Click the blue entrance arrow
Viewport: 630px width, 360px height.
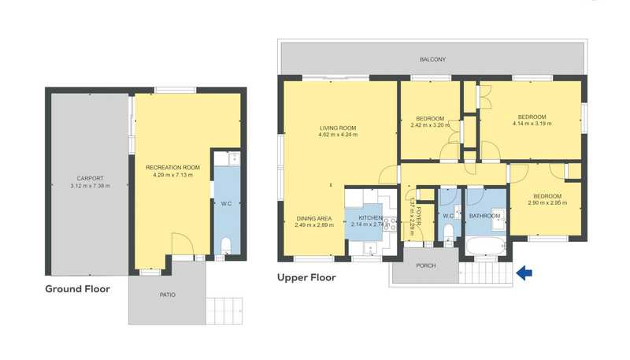(524, 273)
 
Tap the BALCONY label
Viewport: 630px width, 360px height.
(432, 59)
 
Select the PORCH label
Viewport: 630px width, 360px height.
(426, 265)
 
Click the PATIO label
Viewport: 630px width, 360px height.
(168, 295)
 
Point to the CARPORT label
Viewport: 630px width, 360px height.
(90, 178)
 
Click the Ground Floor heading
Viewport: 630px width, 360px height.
(77, 289)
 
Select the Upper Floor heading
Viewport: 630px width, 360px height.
(306, 277)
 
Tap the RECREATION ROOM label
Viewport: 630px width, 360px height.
(172, 168)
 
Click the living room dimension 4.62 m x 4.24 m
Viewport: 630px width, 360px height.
(338, 135)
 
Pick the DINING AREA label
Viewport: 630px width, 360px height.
(314, 218)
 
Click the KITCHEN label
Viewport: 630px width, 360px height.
(370, 217)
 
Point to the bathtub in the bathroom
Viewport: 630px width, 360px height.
(485, 246)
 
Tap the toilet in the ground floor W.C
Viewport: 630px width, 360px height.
(226, 246)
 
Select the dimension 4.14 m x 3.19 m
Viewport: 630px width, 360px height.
(532, 124)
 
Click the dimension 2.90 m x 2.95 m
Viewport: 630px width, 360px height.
(547, 202)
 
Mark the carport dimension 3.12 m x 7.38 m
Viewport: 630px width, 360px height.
(90, 186)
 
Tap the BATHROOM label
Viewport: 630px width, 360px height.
(485, 216)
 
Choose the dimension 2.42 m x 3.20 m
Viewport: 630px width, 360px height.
(430, 125)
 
